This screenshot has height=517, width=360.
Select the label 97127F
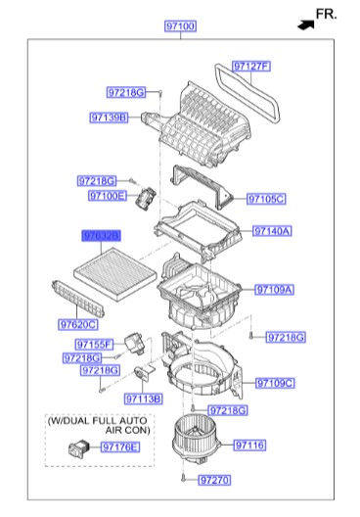250,67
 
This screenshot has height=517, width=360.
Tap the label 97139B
111,117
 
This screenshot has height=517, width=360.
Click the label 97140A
272,231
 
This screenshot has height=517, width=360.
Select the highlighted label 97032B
100,237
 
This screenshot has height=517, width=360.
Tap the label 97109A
274,290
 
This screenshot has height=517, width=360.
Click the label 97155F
95,344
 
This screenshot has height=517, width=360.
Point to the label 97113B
144,399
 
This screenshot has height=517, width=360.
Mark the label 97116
249,446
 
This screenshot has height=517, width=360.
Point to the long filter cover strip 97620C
72,299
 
